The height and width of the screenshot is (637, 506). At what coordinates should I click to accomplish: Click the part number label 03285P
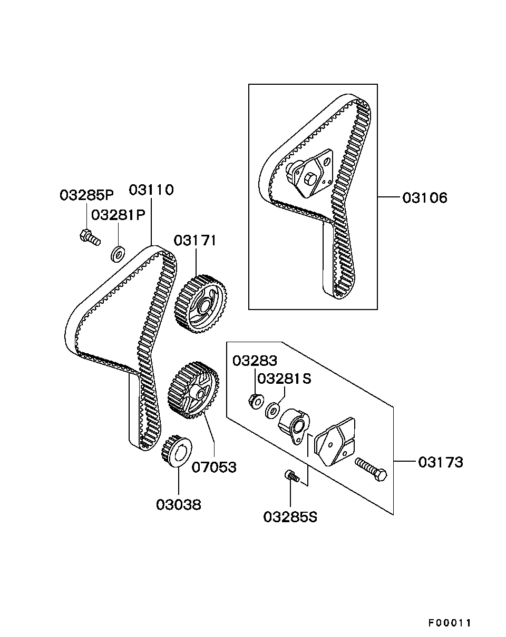[86, 195]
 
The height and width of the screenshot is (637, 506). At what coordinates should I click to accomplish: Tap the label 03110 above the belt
[151, 190]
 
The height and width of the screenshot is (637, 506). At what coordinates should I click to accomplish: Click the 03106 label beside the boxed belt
[424, 198]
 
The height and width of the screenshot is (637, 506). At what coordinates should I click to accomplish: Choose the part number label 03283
[255, 361]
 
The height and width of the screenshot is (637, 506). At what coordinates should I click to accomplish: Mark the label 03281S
[285, 379]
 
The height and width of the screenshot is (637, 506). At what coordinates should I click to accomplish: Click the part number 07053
[214, 466]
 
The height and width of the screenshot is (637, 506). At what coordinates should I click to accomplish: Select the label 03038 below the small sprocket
[178, 505]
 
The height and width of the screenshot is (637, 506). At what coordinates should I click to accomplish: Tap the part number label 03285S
[290, 517]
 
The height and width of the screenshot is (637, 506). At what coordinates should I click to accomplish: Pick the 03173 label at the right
[441, 462]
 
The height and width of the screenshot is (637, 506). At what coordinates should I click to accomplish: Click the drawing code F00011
[449, 623]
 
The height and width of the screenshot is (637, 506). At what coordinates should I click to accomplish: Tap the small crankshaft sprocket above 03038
[176, 451]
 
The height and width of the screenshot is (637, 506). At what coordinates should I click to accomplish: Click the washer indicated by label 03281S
[273, 409]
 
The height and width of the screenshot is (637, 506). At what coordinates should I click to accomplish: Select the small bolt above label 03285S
[292, 476]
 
